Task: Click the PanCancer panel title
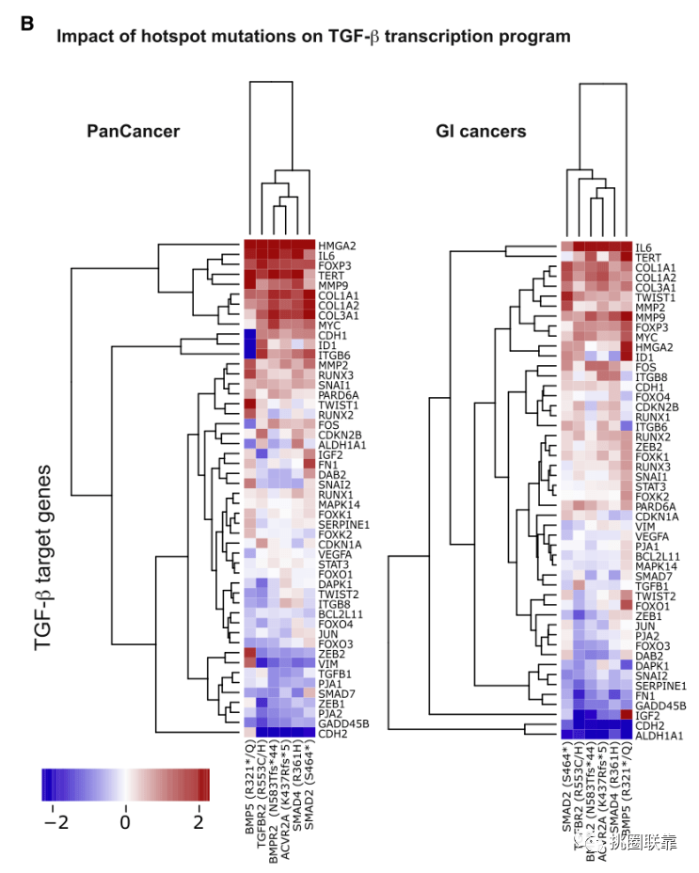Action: [133, 131]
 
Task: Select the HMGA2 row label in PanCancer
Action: [337, 245]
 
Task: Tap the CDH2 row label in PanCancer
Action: [332, 732]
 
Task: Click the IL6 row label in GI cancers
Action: [643, 246]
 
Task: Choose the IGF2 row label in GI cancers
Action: [646, 715]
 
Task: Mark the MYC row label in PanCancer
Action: [330, 325]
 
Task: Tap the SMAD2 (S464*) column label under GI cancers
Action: [567, 789]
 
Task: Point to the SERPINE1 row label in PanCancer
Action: [342, 523]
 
